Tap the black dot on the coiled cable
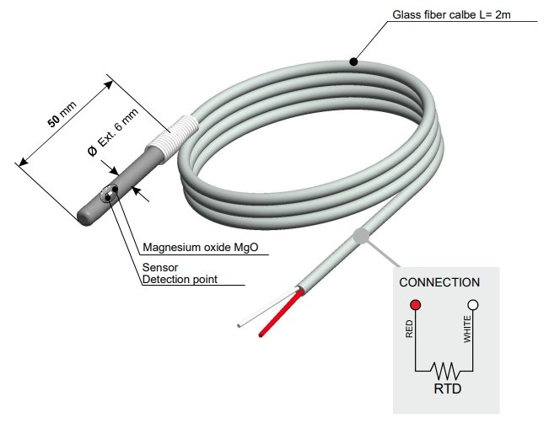click(x=354, y=62)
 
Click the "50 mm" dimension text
click(x=62, y=117)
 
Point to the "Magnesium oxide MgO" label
click(x=200, y=248)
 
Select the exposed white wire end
click(x=242, y=324)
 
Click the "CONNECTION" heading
click(x=439, y=282)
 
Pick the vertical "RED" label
click(x=410, y=329)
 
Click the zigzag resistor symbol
click(x=444, y=369)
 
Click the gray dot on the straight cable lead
click(x=360, y=237)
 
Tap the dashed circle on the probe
click(x=109, y=196)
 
